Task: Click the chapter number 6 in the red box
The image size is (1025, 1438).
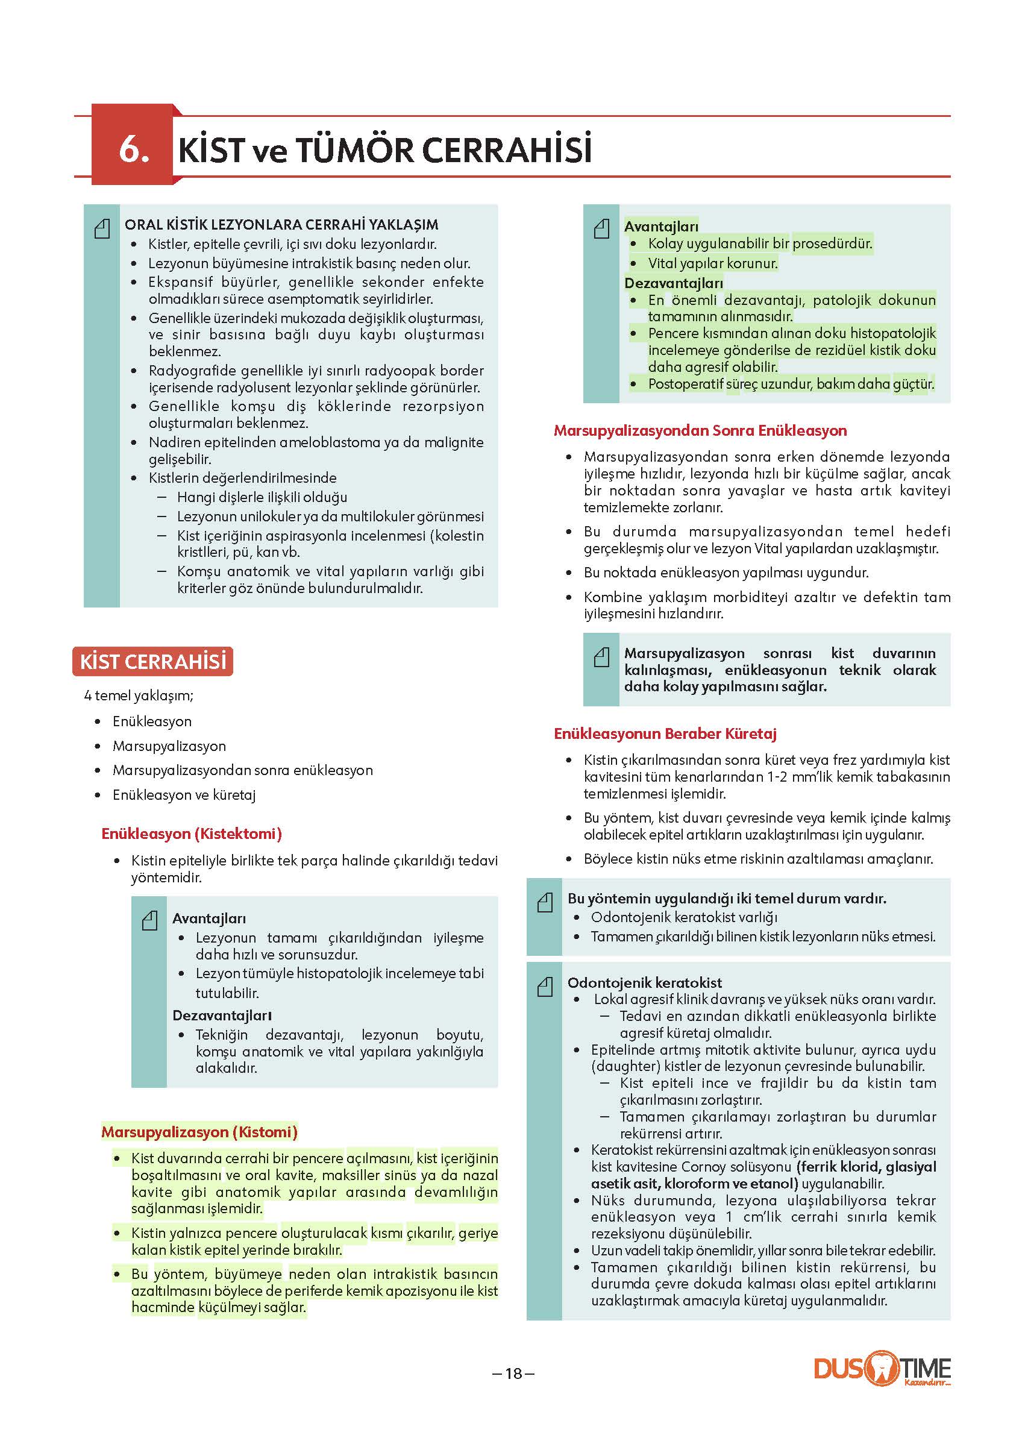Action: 133,149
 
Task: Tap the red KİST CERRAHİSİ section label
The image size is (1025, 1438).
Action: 152,662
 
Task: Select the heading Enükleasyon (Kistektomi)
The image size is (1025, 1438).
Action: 191,834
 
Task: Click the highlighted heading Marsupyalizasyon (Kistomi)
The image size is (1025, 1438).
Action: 199,1132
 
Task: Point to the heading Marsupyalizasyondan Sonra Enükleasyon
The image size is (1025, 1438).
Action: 700,430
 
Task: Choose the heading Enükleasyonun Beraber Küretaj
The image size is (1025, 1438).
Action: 665,733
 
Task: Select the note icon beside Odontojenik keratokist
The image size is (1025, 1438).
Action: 545,986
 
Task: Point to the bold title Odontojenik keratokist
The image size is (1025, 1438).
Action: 644,982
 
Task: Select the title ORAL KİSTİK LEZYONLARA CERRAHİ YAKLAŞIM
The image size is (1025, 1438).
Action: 281,225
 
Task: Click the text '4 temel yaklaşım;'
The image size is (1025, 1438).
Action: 139,695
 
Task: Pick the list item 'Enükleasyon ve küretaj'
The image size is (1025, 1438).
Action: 184,795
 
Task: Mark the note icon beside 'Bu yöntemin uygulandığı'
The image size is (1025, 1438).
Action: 545,903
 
